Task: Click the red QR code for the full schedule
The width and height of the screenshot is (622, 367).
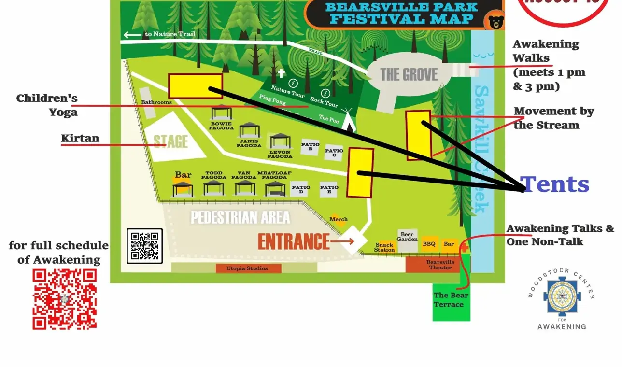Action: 65,299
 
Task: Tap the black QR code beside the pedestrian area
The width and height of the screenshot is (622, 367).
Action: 144,246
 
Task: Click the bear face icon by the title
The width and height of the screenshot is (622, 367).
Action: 495,22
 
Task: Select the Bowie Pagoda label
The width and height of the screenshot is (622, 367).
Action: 221,126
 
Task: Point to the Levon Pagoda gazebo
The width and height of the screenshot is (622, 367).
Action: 280,141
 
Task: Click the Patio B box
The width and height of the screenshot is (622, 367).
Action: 310,147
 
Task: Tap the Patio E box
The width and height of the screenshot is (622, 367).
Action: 329,189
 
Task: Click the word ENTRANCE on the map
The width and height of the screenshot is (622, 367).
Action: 293,241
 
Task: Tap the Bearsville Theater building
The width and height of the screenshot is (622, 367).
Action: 439,265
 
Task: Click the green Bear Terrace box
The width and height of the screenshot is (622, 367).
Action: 451,300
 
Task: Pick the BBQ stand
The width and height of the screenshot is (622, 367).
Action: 429,244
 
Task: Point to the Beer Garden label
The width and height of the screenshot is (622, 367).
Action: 408,237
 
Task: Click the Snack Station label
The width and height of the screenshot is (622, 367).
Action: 384,247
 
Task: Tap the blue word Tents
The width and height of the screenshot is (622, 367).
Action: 555,184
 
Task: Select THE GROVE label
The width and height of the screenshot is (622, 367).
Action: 409,74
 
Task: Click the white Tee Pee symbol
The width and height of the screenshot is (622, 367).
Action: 350,125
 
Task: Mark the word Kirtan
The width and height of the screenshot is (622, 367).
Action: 80,139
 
